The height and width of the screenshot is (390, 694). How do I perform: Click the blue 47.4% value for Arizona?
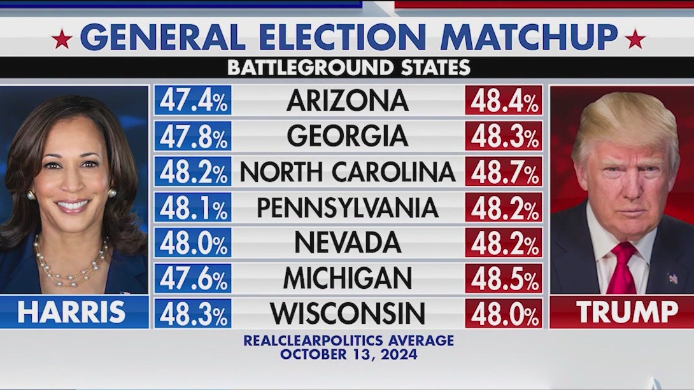tap(193, 101)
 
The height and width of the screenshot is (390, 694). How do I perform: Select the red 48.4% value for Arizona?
tap(504, 101)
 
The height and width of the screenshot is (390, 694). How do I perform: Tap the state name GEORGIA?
tap(347, 136)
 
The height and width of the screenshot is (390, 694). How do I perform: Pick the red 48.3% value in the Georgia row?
tap(504, 136)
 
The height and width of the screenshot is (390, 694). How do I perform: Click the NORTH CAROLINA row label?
tap(348, 172)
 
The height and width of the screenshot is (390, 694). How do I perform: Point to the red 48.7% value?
tap(504, 172)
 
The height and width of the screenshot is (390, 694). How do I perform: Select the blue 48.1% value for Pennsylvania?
tap(193, 207)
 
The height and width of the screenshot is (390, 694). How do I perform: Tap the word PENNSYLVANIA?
tap(348, 207)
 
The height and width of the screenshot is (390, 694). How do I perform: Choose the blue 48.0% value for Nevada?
tap(193, 242)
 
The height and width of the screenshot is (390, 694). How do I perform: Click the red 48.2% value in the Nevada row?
tap(504, 242)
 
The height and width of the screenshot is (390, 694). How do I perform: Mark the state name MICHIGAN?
tap(348, 278)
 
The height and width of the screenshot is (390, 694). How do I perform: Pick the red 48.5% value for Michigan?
tap(504, 278)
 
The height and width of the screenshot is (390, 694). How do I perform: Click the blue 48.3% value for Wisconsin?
tap(193, 313)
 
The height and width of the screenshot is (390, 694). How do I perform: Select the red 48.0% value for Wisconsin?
tap(504, 313)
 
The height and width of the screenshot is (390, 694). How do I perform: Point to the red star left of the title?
tap(62, 39)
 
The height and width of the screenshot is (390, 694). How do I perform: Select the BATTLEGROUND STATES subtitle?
tap(348, 67)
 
